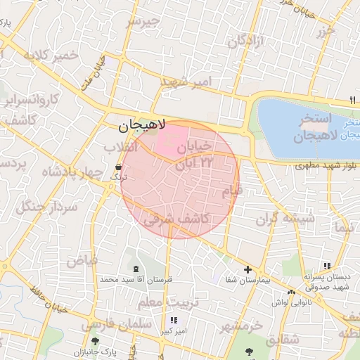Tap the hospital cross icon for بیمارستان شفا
tap(247, 269)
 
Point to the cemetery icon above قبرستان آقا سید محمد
tap(135, 269)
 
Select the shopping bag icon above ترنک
tap(118, 167)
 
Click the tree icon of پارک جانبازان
tap(95, 342)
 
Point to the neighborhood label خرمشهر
tap(240, 326)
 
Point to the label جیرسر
tap(143, 21)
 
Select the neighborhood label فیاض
tap(82, 260)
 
